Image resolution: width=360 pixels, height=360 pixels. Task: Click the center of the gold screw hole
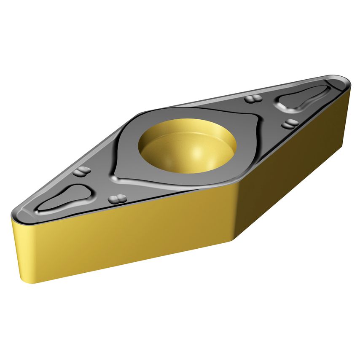[187, 146]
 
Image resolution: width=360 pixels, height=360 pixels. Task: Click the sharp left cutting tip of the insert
[13, 213]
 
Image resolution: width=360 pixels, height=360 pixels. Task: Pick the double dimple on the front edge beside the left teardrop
[118, 198]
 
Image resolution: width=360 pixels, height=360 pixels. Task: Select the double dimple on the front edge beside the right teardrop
[291, 123]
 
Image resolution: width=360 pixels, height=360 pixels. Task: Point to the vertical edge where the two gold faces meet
[239, 211]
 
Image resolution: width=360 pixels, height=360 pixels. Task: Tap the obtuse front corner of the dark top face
[236, 185]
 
